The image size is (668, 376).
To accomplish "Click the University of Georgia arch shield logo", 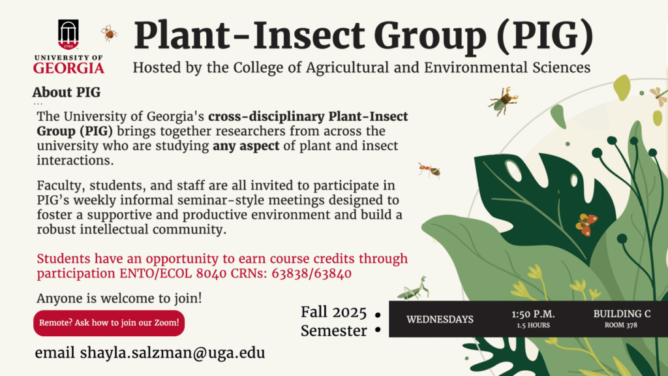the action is (x=68, y=35).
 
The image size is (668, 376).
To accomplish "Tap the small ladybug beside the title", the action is (x=109, y=33).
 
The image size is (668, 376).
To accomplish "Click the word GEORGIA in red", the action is (x=68, y=68).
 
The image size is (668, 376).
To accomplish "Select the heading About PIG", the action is (x=67, y=92).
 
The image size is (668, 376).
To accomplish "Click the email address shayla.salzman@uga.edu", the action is (x=172, y=353).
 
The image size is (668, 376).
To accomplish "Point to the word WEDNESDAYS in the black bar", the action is (x=440, y=319).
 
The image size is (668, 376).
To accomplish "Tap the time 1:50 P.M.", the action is (x=533, y=314).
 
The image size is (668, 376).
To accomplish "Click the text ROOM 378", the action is (x=621, y=325).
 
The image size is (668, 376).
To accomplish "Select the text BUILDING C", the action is (x=622, y=314).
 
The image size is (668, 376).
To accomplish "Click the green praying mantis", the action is (x=413, y=289).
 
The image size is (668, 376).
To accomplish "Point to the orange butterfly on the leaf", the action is (x=586, y=225).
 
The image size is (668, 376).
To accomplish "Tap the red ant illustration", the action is (x=429, y=170).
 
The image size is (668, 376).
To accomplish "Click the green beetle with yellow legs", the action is (x=504, y=101).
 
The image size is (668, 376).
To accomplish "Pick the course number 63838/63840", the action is (x=311, y=274).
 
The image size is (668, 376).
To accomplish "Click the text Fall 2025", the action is (x=333, y=313).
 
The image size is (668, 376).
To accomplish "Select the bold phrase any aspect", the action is (x=246, y=146).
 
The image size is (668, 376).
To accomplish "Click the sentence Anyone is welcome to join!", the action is (x=119, y=298).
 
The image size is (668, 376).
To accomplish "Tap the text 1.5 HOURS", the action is (x=534, y=325).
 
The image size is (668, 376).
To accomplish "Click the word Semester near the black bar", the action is (x=333, y=331).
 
